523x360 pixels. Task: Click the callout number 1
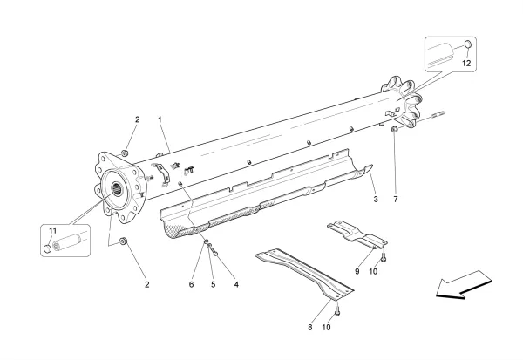(160, 118)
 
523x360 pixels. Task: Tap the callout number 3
(374, 200)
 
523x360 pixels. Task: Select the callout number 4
(235, 284)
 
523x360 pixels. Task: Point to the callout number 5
(213, 284)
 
